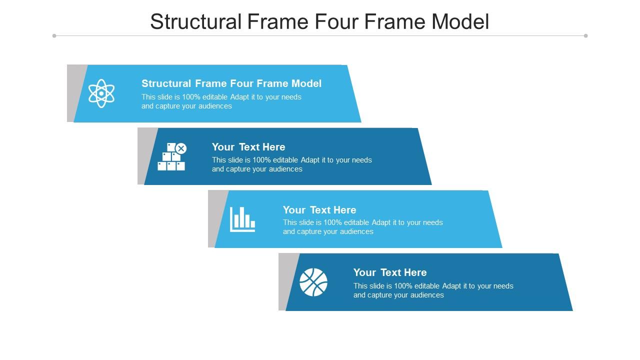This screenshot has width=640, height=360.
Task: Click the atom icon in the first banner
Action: pos(101,93)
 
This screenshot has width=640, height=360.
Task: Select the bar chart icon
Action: pos(242,219)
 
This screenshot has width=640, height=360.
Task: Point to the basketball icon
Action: pos(313,282)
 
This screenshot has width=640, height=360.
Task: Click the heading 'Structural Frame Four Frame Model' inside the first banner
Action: pos(231,83)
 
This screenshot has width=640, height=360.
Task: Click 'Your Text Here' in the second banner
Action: pos(248,147)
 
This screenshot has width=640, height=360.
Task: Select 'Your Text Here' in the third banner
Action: pos(319,210)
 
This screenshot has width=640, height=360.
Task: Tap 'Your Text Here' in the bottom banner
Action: pos(390,272)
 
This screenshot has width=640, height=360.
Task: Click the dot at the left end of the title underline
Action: pos(54,35)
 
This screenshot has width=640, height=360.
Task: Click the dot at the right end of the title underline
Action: pos(585,35)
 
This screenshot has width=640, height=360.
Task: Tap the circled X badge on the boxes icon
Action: pos(181,148)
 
